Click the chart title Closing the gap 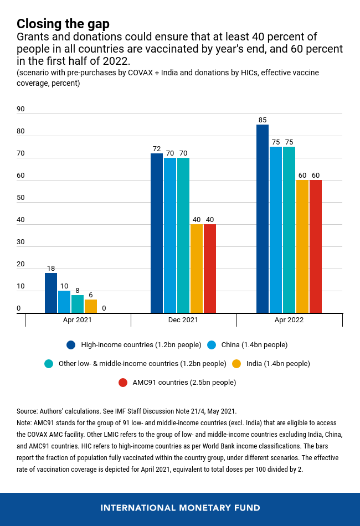(x=63, y=24)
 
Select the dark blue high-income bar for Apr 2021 (x=51, y=293)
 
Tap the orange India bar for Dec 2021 (x=197, y=269)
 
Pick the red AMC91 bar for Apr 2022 (x=316, y=246)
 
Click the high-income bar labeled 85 (x=263, y=219)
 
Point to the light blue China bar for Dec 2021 (x=170, y=235)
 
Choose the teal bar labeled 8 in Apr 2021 (x=78, y=304)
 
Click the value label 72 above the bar (x=157, y=149)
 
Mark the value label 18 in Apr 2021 (x=51, y=269)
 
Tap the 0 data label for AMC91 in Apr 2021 (x=104, y=308)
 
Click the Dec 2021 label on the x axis (x=183, y=320)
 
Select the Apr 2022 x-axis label (x=289, y=320)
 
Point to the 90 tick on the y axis (x=20, y=109)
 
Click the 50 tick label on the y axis (x=20, y=198)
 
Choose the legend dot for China (x=212, y=345)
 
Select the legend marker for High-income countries (x=71, y=345)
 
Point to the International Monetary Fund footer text (x=180, y=508)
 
